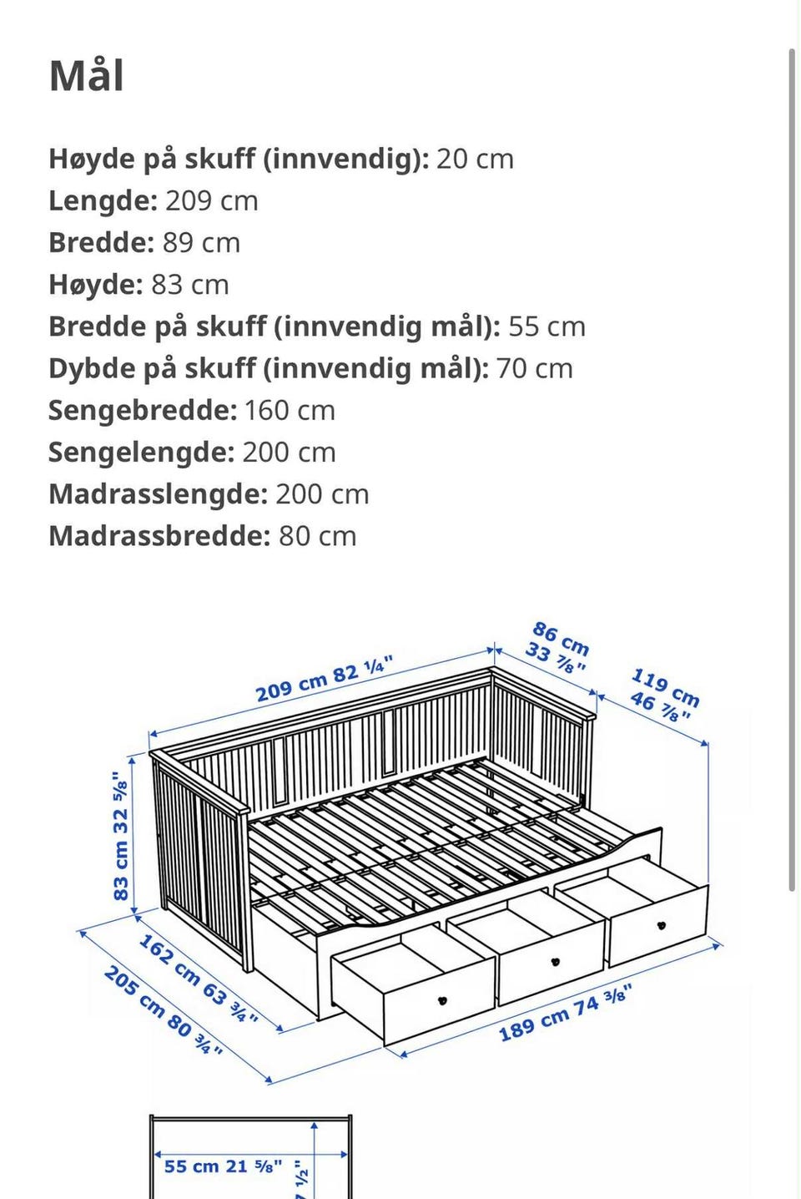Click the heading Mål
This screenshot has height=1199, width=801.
87,76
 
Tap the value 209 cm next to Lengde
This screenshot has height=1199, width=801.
211,201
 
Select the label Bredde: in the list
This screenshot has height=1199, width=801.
101,243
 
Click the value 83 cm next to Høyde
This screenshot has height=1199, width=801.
189,285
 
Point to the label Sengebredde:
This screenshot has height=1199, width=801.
143,411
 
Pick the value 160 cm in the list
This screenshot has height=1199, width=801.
290,411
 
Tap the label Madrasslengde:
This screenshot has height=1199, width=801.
158,494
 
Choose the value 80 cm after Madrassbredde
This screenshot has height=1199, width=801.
317,536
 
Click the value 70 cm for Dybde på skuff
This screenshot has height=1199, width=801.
534,369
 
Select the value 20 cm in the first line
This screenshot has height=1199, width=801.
474,159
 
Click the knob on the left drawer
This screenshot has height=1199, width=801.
442,999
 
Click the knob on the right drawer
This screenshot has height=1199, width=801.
662,925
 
